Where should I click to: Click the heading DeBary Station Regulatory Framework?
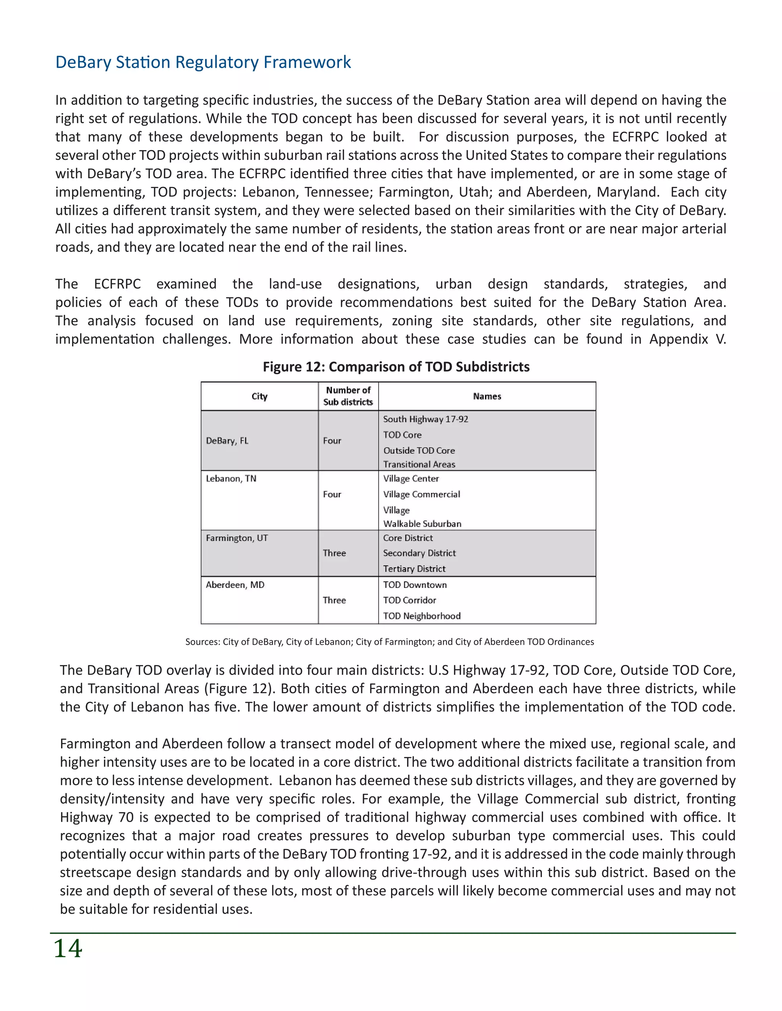(203, 62)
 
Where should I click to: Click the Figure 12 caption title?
(396, 367)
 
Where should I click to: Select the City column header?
(259, 396)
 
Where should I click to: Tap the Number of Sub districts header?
(348, 396)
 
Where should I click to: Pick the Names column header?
(487, 396)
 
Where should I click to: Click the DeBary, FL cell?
(227, 441)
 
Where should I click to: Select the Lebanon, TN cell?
(231, 479)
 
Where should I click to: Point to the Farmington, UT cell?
(237, 538)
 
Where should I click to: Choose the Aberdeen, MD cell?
(235, 584)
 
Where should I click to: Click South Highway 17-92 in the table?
(425, 419)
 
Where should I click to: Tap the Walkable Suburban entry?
(422, 523)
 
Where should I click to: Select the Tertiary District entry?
(414, 568)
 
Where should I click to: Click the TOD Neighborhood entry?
(422, 616)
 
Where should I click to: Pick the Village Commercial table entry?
(422, 494)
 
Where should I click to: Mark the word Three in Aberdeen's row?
(334, 600)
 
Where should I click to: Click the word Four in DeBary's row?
(332, 441)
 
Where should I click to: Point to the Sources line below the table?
(389, 642)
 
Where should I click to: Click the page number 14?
(68, 948)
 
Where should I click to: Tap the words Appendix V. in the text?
(687, 339)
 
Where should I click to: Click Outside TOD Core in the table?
(419, 451)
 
